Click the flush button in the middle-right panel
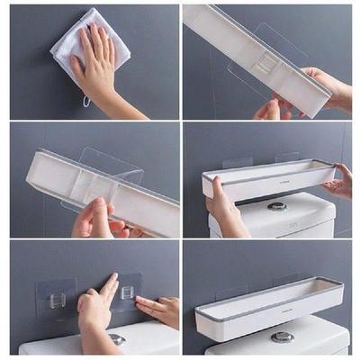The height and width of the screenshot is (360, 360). [278, 206]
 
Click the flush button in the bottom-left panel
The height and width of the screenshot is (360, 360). [117, 338]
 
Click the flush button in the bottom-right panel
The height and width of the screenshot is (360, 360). [283, 337]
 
